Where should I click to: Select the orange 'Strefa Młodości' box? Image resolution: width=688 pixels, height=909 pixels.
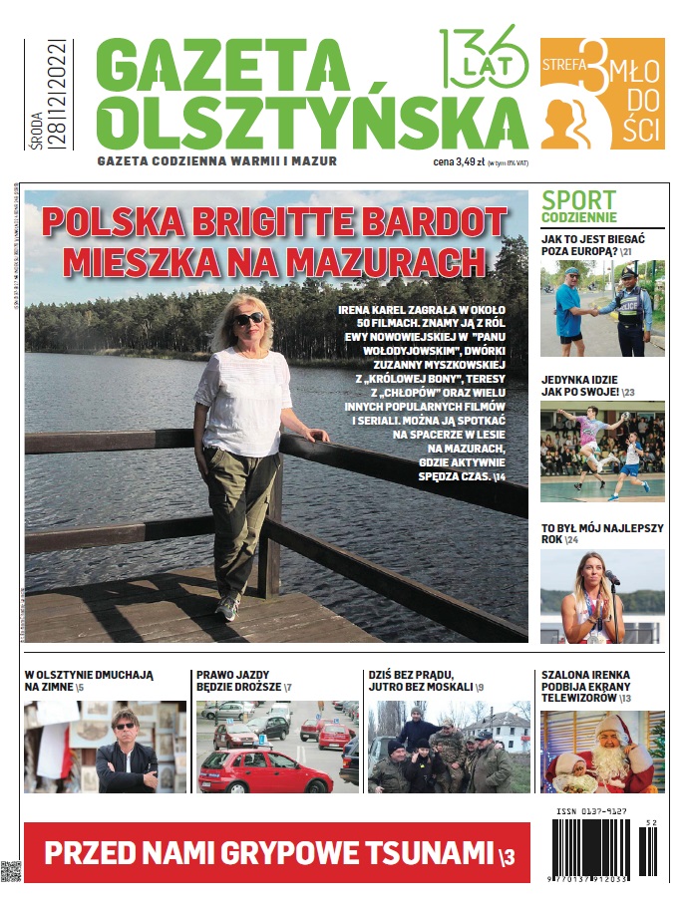(x=602, y=94)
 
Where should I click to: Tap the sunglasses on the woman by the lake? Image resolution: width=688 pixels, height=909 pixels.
(x=248, y=319)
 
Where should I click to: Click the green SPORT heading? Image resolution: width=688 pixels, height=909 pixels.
(x=579, y=201)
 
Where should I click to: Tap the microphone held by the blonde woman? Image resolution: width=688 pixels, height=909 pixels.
(x=611, y=579)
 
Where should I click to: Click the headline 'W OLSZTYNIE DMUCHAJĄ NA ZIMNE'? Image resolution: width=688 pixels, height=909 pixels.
(x=90, y=681)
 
